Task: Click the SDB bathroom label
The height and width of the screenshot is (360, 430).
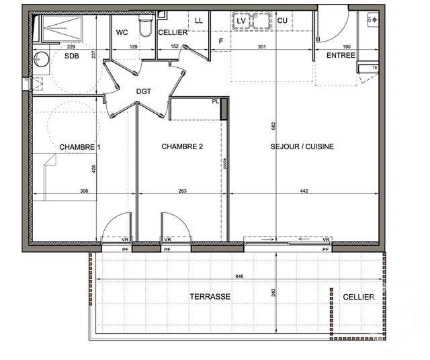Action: point(71,57)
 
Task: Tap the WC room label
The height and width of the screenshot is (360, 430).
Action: point(122,32)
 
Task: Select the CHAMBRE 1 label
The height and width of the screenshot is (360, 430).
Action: point(80,146)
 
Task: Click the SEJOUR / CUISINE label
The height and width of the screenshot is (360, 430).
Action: point(302,146)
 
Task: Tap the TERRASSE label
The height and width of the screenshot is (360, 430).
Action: point(210,296)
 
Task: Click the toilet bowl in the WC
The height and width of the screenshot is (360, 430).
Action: point(144,28)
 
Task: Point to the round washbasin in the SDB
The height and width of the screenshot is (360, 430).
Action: point(41,58)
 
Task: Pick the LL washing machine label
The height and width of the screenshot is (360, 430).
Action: point(199,21)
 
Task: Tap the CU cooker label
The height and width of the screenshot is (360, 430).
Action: point(282,21)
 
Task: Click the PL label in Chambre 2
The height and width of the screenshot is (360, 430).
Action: point(216,101)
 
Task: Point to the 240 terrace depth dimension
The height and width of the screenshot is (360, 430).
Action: point(275,293)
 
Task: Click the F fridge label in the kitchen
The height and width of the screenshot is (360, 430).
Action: point(221,42)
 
